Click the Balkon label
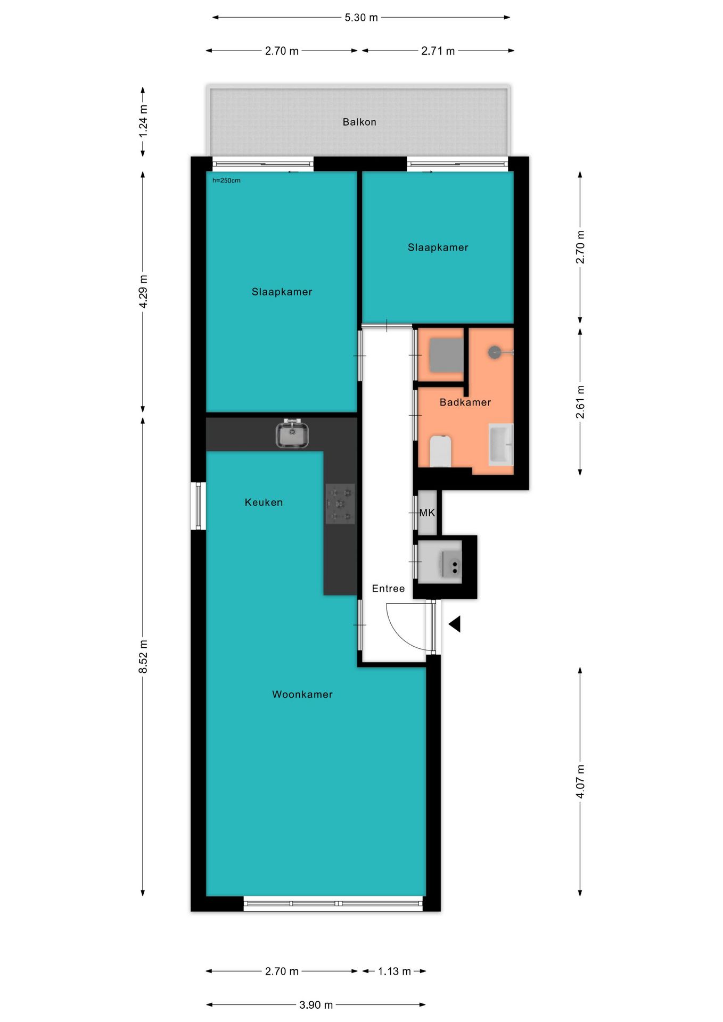click(x=359, y=122)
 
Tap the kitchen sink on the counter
click(x=292, y=433)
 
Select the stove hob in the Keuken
click(x=340, y=504)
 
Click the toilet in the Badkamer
click(x=440, y=451)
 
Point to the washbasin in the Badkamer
click(x=501, y=444)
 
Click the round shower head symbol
click(x=495, y=352)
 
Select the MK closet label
click(x=427, y=513)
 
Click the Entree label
click(x=388, y=588)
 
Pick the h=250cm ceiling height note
click(x=226, y=180)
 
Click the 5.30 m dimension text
click(x=361, y=18)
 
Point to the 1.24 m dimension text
click(x=143, y=121)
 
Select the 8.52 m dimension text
click(x=143, y=656)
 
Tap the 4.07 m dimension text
click(x=580, y=781)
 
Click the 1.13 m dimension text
click(x=395, y=971)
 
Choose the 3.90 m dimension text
click(x=316, y=1005)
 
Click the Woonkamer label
click(x=302, y=694)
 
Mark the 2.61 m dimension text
click(x=580, y=402)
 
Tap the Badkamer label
click(x=465, y=402)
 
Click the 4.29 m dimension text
click(x=143, y=291)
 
